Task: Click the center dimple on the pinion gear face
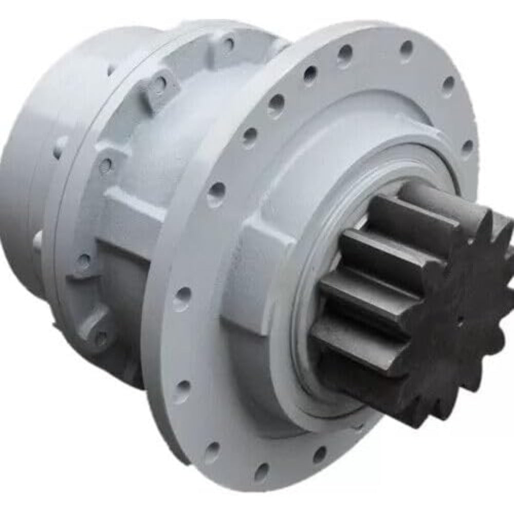459,320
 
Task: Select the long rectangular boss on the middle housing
131,211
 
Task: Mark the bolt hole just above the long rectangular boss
106,164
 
